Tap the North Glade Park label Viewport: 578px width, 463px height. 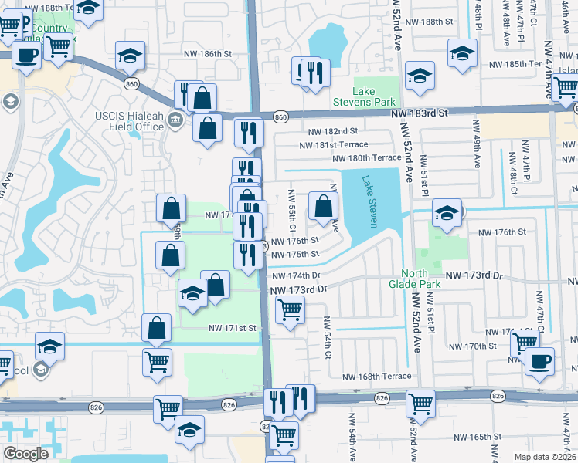point(420,279)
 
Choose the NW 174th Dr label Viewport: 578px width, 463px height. point(294,275)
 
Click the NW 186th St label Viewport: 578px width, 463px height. point(208,54)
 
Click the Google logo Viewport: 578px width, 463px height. point(26,454)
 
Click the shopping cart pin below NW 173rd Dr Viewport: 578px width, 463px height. point(290,310)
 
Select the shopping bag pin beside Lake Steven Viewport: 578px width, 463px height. point(323,206)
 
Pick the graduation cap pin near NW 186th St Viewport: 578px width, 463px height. point(131,56)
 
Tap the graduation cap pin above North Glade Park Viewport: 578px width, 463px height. point(447,213)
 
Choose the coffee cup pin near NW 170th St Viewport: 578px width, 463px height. point(539,360)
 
